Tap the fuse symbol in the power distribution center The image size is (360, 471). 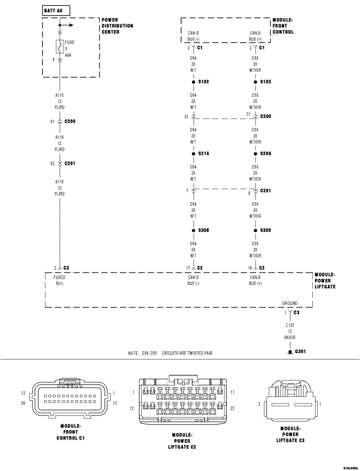pos(59,46)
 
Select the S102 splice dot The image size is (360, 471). pos(193,81)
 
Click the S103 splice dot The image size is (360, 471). pos(255,81)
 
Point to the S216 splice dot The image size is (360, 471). pos(193,153)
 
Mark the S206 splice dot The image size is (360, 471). pos(255,153)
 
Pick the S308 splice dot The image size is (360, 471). pos(193,230)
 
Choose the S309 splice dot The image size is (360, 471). pos(255,230)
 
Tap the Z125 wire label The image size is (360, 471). pos(290,325)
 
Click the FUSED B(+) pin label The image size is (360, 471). pos(59,280)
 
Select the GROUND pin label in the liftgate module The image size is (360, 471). pos(290,303)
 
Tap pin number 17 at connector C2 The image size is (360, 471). pos(187,268)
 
